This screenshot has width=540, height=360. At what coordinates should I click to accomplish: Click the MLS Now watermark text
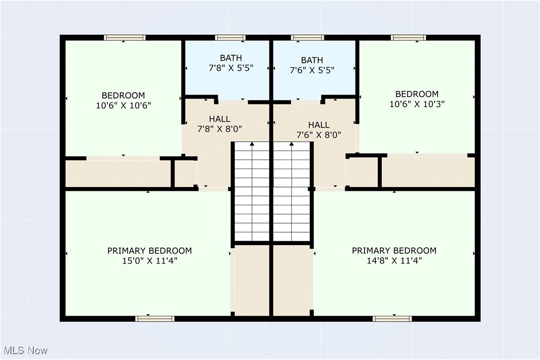click(24, 351)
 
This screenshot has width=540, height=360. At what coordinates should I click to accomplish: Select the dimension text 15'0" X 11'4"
click(150, 260)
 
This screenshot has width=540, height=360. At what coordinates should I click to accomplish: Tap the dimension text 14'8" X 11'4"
click(394, 260)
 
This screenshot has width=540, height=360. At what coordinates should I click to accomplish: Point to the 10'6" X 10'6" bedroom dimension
click(123, 105)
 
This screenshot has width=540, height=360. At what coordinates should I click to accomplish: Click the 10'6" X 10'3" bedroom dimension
click(417, 104)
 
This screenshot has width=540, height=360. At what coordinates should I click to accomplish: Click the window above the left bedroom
click(124, 38)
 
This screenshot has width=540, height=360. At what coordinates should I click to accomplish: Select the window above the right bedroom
click(408, 38)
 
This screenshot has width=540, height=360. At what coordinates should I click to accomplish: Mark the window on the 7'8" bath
click(230, 38)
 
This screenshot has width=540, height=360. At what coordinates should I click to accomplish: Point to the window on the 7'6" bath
click(307, 38)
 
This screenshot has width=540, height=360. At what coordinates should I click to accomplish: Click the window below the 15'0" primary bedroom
click(155, 318)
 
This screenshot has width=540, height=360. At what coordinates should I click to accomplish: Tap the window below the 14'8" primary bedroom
click(392, 318)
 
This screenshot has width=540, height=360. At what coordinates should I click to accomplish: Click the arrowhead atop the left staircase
click(252, 144)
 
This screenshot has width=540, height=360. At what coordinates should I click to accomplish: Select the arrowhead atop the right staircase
click(291, 144)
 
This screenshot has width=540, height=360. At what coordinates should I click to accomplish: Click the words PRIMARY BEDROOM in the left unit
click(150, 251)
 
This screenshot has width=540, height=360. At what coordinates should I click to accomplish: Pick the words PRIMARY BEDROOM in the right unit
click(394, 251)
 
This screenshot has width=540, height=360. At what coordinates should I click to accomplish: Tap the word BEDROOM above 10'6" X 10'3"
click(417, 94)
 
